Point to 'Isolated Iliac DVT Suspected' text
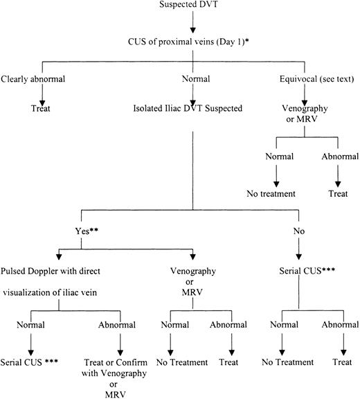coord(181,108)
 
